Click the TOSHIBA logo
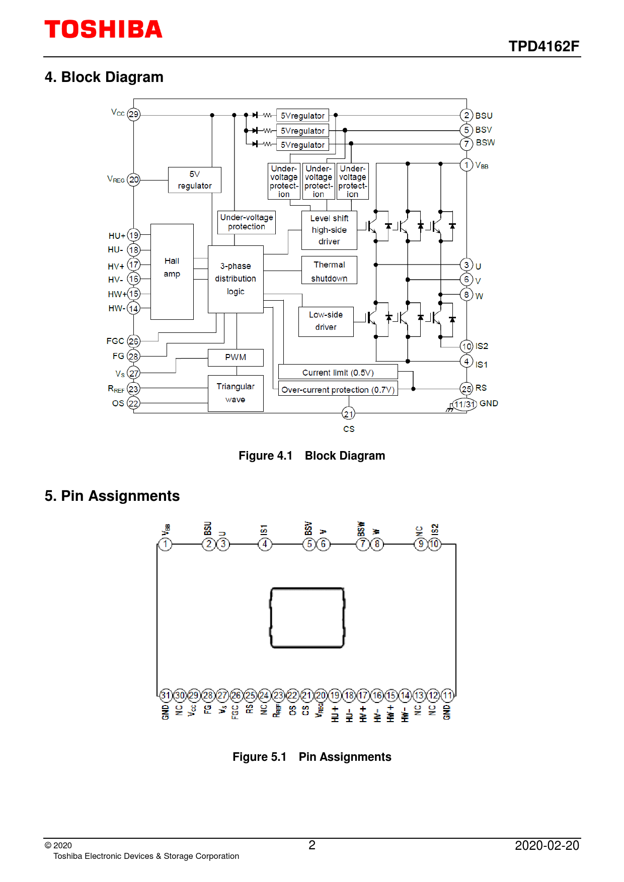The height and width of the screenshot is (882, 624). [x=103, y=29]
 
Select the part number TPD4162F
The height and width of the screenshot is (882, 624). [x=543, y=46]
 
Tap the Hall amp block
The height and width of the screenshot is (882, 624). [x=172, y=272]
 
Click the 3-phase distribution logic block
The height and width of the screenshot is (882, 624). [x=236, y=279]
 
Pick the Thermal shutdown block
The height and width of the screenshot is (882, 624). [x=329, y=271]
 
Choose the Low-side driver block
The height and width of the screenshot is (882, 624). [x=326, y=321]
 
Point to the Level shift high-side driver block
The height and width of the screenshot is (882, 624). [x=329, y=230]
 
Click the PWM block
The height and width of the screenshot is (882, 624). [x=236, y=358]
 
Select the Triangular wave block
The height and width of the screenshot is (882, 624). [x=236, y=393]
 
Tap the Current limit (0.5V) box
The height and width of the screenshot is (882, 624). [x=338, y=372]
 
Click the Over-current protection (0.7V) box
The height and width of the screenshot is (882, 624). [x=338, y=389]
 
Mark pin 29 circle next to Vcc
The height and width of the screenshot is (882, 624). [x=133, y=114]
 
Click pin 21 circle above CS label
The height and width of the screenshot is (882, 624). [x=349, y=414]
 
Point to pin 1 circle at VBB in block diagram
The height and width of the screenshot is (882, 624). [x=466, y=165]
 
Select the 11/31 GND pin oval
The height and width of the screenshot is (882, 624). [x=464, y=404]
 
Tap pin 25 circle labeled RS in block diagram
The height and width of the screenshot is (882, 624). [x=466, y=389]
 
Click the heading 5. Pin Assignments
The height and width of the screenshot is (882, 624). [x=112, y=496]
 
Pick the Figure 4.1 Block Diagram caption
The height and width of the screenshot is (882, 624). [x=311, y=456]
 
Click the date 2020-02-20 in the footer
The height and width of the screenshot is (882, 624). [x=547, y=846]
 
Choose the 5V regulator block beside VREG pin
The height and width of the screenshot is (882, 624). [x=195, y=180]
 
